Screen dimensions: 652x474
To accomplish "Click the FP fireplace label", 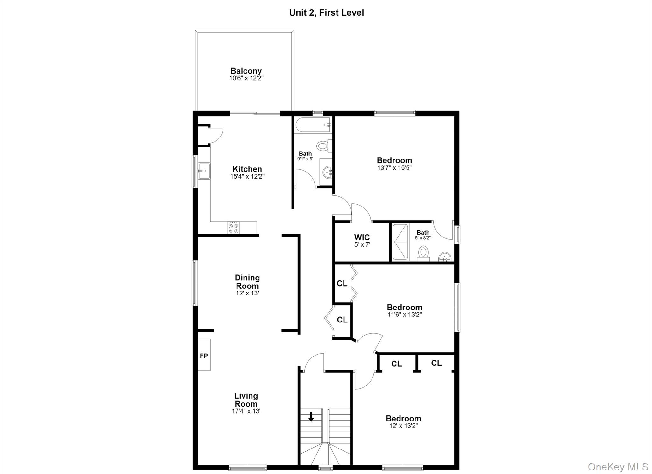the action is [x=204, y=356].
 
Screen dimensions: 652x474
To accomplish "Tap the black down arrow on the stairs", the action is [x=311, y=416].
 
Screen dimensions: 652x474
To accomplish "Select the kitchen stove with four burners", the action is [x=233, y=228].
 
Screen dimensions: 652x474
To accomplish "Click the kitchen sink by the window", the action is [x=204, y=171].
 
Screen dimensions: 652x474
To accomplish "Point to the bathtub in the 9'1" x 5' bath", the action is [x=314, y=125].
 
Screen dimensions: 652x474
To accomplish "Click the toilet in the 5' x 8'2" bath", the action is [x=423, y=254].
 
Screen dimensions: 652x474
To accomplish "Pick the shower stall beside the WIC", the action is [x=400, y=242].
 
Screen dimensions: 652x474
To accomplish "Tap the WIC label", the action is [x=362, y=237].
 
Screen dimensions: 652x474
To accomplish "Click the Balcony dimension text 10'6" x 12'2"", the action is [x=246, y=78].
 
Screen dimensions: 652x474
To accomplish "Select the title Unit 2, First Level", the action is [x=326, y=13].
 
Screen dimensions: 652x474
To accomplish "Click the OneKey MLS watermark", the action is [x=618, y=467].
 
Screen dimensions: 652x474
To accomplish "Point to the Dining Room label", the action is [x=247, y=282].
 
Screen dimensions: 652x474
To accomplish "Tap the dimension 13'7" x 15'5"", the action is [x=394, y=168].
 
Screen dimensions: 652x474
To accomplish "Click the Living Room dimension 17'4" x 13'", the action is [x=246, y=411].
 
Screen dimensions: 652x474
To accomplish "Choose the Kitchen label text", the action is [x=247, y=169].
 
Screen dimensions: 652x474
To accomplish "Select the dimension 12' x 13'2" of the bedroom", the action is [x=403, y=426].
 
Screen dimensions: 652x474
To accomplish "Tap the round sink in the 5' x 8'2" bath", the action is [x=445, y=257].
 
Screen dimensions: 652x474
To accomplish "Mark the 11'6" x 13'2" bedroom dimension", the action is [x=404, y=315].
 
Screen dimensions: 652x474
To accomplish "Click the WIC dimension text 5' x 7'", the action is [x=362, y=245].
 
